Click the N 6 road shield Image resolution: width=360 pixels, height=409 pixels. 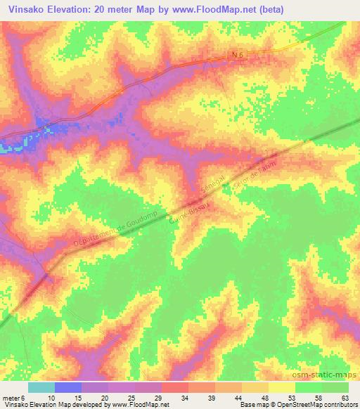238,53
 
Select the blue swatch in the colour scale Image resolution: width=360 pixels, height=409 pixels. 67,387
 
